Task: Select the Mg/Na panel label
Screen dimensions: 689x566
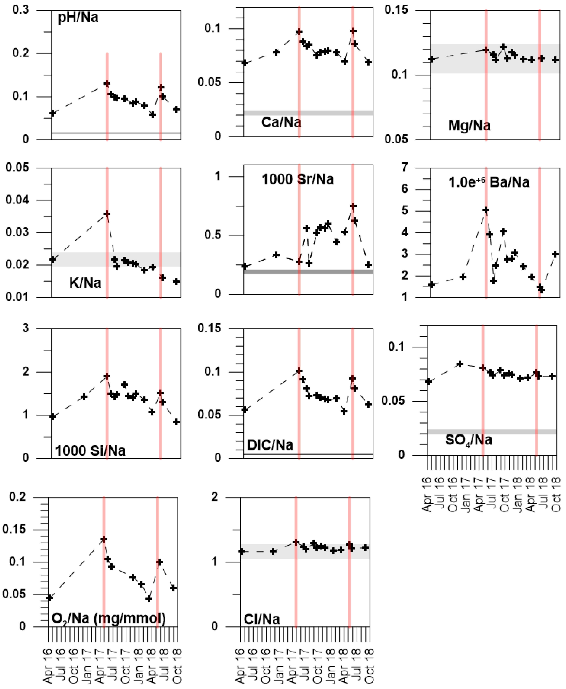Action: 469,126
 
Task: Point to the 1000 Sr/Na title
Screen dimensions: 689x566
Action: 298,179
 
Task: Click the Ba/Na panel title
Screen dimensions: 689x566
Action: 489,182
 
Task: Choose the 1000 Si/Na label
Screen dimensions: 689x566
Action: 90,451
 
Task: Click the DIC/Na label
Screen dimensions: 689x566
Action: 270,445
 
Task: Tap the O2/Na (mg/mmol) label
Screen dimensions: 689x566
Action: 109,618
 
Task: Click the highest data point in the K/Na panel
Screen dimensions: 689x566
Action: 107,214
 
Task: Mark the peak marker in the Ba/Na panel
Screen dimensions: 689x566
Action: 486,210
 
